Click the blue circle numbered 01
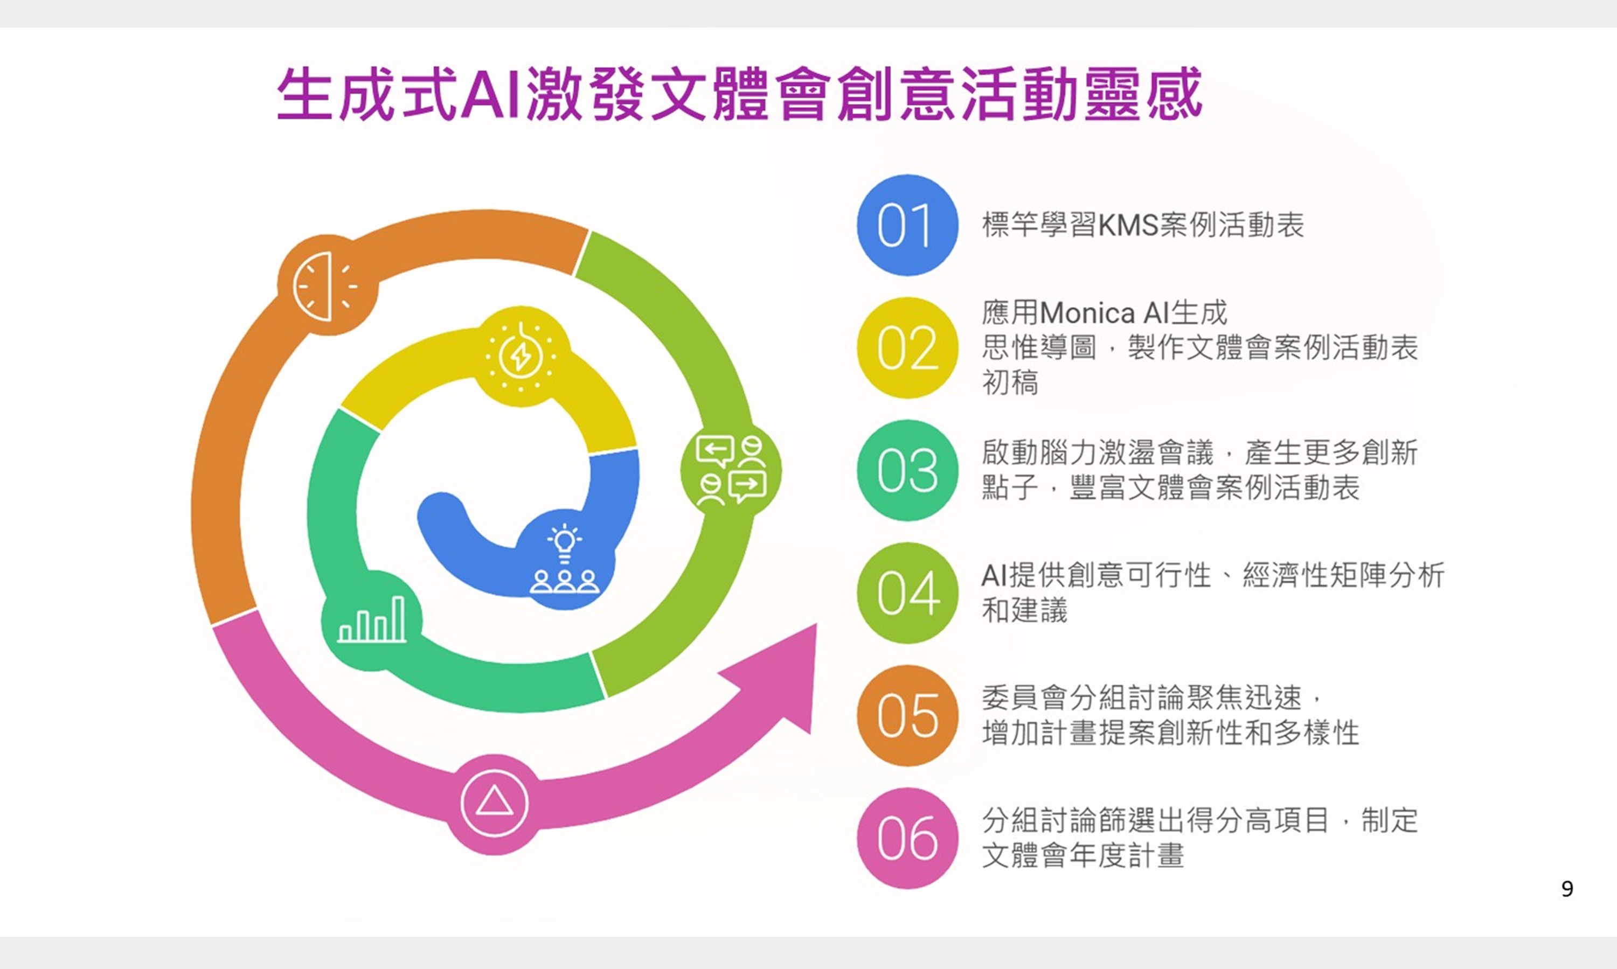click(x=907, y=225)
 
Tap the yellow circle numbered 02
click(x=907, y=348)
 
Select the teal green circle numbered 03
click(x=907, y=470)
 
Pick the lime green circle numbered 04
click(x=907, y=593)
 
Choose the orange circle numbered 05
click(x=907, y=716)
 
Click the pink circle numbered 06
click(x=907, y=839)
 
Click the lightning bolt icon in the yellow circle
click(x=521, y=357)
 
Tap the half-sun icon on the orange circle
click(x=324, y=286)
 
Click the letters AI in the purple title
click(x=490, y=95)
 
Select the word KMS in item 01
click(x=1128, y=225)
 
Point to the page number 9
click(x=1567, y=889)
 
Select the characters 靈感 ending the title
click(x=1143, y=95)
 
